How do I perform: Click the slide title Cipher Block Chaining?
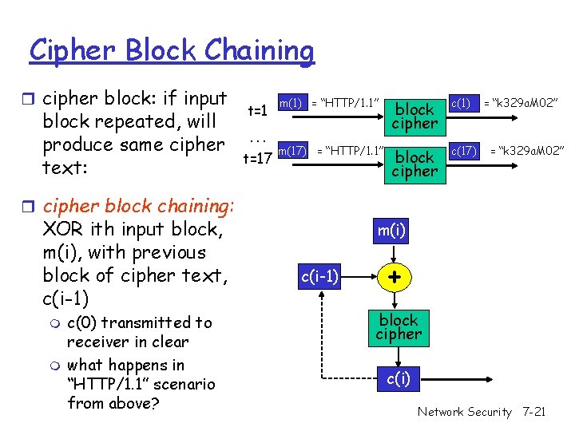tap(172, 50)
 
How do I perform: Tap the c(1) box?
tap(461, 103)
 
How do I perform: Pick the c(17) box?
tap(464, 150)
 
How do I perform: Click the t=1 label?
tap(257, 112)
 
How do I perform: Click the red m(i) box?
tap(391, 231)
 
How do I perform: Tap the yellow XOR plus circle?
tap(392, 277)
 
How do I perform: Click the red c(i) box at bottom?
tap(399, 378)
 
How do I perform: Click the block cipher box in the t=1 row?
tap(414, 116)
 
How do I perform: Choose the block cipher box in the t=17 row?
tap(414, 164)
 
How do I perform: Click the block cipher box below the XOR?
tap(398, 327)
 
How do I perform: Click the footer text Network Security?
tap(464, 412)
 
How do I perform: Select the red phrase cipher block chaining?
tap(137, 206)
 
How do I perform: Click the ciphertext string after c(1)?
tap(523, 103)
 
